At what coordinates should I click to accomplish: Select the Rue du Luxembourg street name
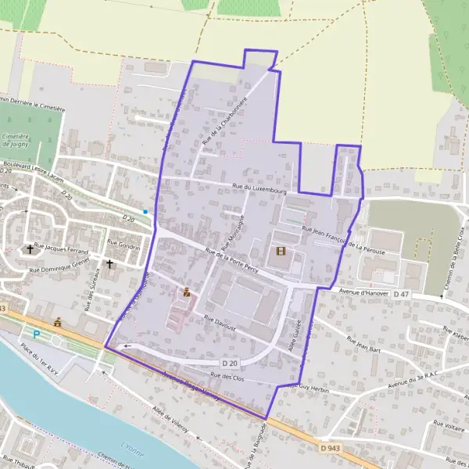pos(260,188)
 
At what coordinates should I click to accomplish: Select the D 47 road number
pos(401,294)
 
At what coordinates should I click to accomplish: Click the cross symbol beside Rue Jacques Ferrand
pos(30,249)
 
